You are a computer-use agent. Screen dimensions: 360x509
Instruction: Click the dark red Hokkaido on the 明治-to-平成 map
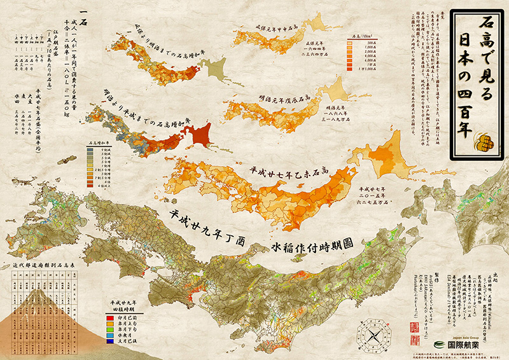(201, 135)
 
